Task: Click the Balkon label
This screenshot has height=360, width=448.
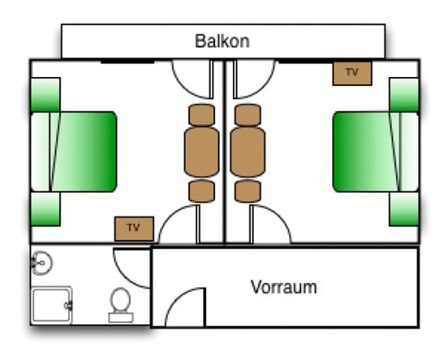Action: [x=222, y=41]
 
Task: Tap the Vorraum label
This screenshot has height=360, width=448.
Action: [x=284, y=287]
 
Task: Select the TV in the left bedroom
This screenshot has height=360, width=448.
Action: [x=134, y=228]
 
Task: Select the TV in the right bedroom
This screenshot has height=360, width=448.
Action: [x=352, y=73]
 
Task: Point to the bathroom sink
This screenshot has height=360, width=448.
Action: [x=42, y=262]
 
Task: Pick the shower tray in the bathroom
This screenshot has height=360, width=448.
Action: [x=51, y=305]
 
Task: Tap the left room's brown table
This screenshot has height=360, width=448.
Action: [x=202, y=152]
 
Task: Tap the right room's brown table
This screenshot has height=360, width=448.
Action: [x=248, y=152]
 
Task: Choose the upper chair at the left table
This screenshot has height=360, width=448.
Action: [x=202, y=115]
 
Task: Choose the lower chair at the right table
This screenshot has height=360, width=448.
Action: [x=248, y=191]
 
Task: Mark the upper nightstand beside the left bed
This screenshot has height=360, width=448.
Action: [x=45, y=94]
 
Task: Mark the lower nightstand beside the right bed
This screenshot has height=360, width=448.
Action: [x=403, y=210]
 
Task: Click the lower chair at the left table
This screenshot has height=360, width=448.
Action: [x=202, y=191]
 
